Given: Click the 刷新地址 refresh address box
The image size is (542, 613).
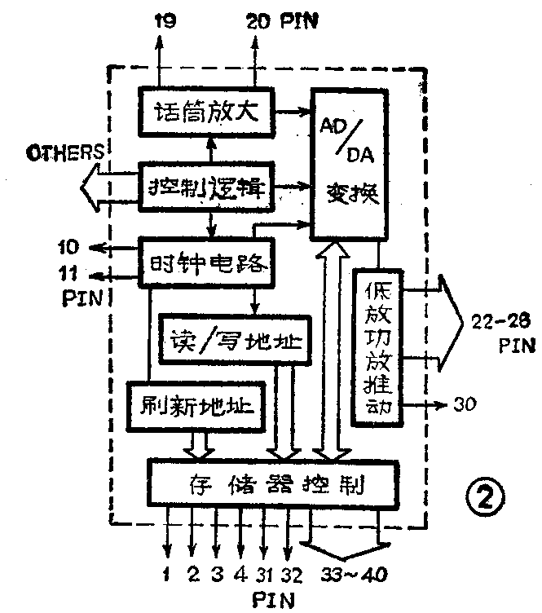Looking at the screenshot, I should pos(198,405).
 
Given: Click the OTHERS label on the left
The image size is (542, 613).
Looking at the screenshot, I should pos(62,152).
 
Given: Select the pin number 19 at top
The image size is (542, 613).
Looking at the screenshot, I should pos(165,24).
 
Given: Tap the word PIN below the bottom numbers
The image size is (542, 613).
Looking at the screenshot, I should pos(267,602).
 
